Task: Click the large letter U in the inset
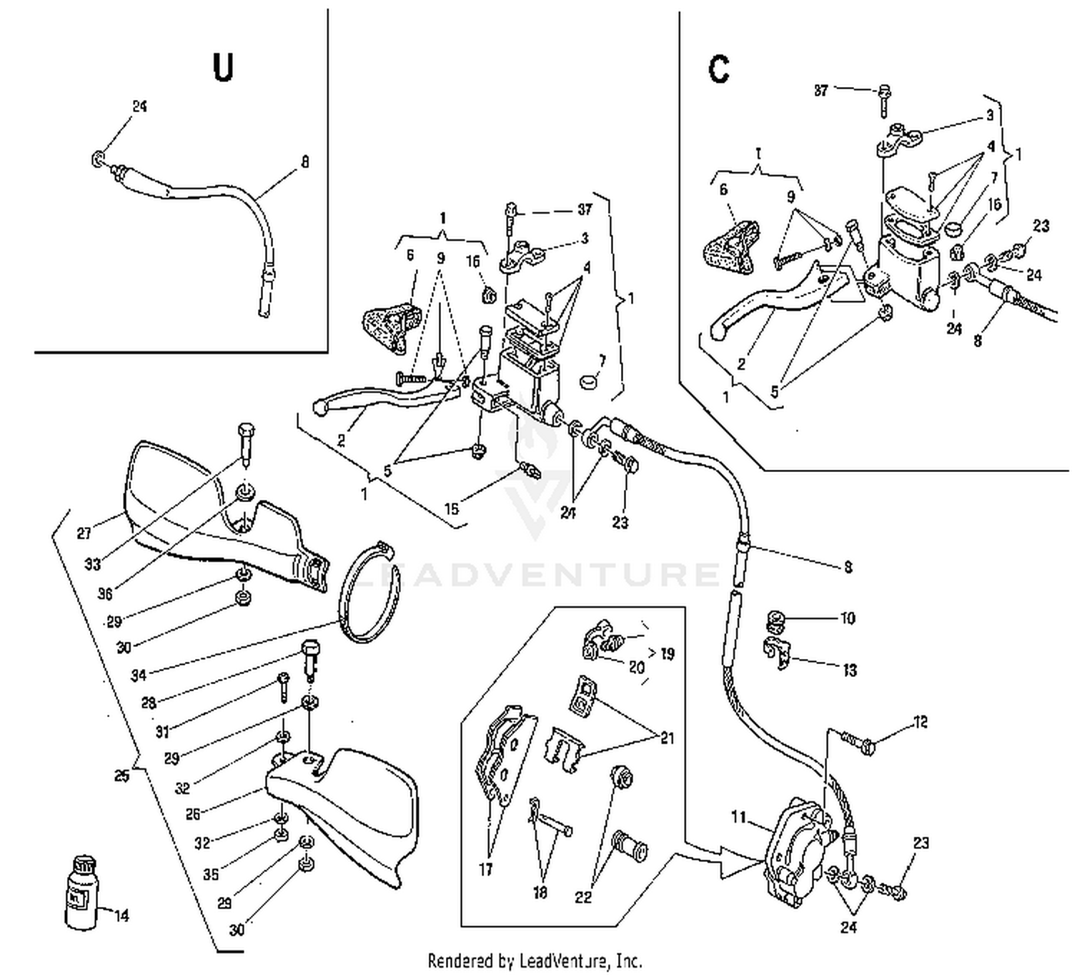[223, 68]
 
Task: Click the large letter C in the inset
[718, 69]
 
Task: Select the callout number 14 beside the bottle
[121, 915]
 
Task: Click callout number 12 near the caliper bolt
[920, 722]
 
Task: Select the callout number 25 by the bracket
[122, 775]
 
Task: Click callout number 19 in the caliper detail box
[667, 653]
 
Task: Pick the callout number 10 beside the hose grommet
[847, 618]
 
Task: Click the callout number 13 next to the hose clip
[849, 670]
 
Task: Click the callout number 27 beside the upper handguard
[84, 533]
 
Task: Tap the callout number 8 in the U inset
[305, 162]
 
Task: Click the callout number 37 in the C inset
[821, 91]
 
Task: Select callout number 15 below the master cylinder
[452, 509]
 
